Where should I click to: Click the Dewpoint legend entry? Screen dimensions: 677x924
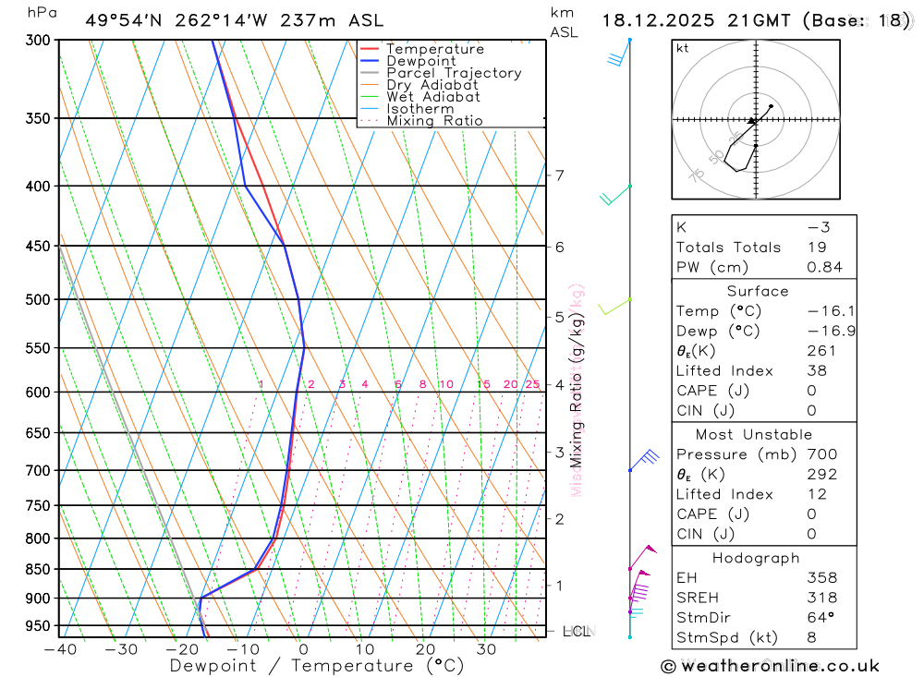point(420,61)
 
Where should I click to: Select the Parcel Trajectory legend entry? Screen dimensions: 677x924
point(453,73)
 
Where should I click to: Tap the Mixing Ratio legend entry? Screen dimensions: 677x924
point(434,121)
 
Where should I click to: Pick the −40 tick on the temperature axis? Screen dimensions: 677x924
point(59,649)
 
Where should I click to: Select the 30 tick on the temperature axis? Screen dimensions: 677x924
point(486,649)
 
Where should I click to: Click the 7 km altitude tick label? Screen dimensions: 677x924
point(559,175)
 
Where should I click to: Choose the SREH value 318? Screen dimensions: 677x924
point(821,598)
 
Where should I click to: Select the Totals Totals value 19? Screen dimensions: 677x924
point(817,248)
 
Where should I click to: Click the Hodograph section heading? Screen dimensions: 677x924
point(757,558)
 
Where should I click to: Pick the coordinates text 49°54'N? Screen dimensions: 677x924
point(120,20)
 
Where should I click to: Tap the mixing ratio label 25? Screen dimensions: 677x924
point(532,384)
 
